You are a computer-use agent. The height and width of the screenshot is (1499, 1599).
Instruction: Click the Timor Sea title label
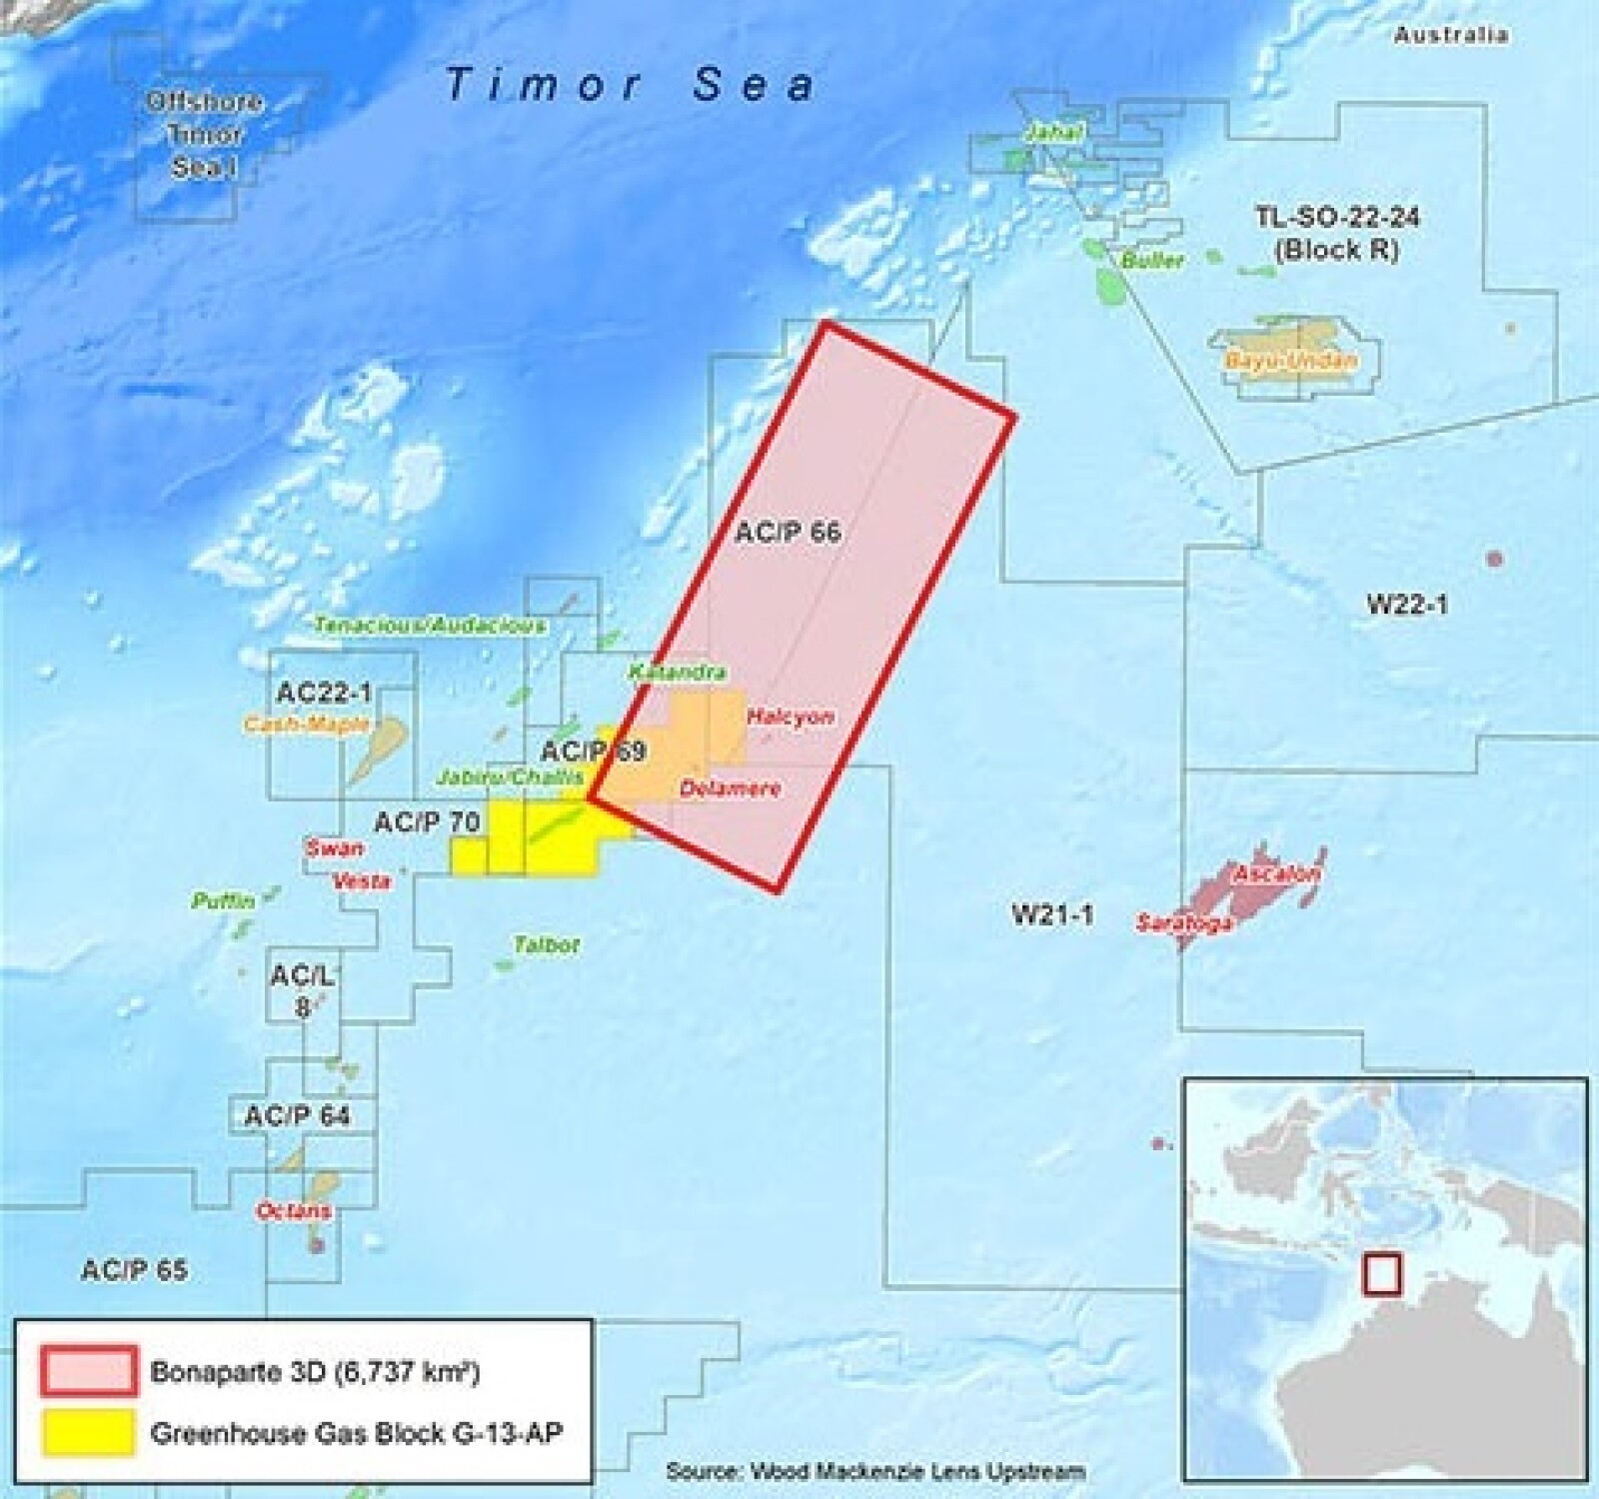pos(630,84)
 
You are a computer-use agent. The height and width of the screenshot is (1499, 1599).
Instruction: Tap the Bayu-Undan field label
pos(1291,361)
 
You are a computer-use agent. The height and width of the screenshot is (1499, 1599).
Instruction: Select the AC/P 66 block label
pos(788,532)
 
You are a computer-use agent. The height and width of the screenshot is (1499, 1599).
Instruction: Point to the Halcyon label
pos(791,717)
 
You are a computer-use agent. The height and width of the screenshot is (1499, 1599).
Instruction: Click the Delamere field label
pos(730,788)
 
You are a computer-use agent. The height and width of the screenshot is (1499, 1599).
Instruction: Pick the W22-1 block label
pos(1406,603)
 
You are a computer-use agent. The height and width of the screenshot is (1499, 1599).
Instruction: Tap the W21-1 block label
pos(1052,913)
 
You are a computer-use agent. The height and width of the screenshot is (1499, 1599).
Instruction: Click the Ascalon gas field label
pos(1276,874)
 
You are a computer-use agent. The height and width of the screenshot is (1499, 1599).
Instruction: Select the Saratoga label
pos(1183,923)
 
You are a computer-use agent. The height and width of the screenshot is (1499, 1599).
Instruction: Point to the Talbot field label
pos(546,944)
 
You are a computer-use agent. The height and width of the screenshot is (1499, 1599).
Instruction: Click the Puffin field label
pos(223,900)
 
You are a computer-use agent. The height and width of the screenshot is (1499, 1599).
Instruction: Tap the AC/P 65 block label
pos(134,1269)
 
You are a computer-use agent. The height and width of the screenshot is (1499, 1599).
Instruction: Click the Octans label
pos(294,1211)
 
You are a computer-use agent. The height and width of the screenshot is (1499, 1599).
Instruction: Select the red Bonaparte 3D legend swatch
pos(88,1371)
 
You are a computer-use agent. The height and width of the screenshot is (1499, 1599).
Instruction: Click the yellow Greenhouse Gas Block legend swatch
pos(88,1432)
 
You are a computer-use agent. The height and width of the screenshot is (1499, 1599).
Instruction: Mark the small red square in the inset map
pos(1382,1274)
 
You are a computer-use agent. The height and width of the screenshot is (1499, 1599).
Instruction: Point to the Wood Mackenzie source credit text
pos(875,1470)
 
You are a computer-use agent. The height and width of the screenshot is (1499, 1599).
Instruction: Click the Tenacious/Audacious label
pos(430,626)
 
